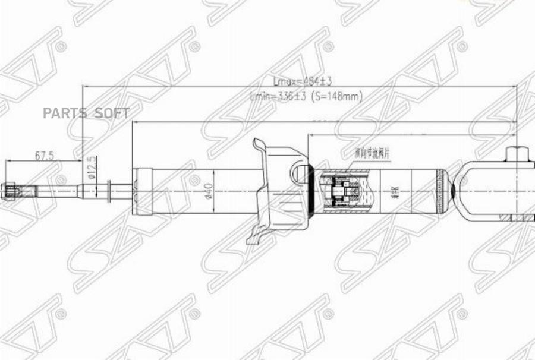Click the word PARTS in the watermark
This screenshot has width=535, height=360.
pyautogui.click(x=64, y=113)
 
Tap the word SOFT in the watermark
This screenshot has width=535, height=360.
pyautogui.click(x=112, y=113)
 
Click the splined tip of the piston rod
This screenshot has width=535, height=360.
pyautogui.click(x=13, y=191)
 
